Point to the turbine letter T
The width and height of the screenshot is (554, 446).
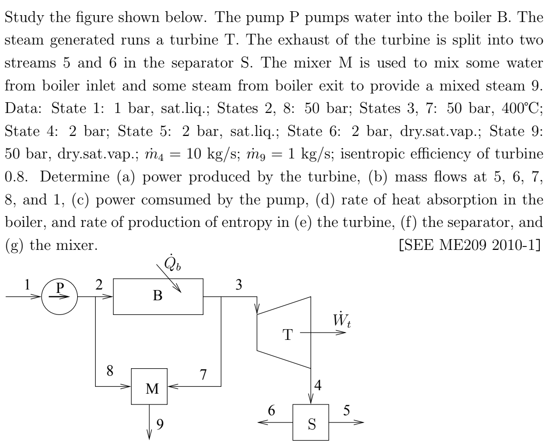click(288, 334)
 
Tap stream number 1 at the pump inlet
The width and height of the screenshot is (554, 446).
click(27, 284)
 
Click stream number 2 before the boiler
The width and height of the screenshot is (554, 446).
click(99, 284)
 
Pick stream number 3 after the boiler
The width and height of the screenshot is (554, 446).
click(239, 284)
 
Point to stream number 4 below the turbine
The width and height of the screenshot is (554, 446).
click(318, 385)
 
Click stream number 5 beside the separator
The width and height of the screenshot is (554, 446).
click(346, 410)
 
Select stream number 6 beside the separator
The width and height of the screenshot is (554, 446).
click(271, 410)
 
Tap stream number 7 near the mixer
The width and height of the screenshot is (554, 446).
click(203, 374)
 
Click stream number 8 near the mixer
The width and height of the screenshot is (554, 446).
click(110, 371)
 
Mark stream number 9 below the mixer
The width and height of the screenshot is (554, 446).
click(160, 424)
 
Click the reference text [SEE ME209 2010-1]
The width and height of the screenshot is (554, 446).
click(469, 245)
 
